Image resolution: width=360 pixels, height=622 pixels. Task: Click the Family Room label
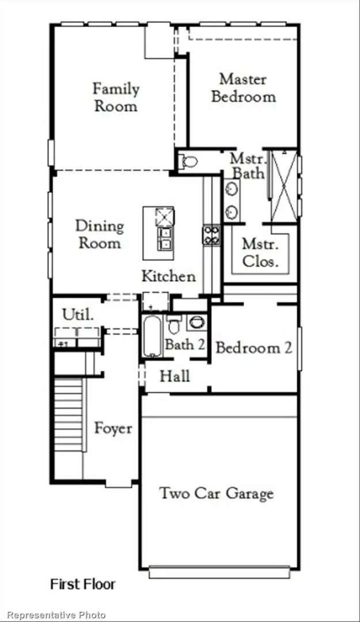(x=116, y=97)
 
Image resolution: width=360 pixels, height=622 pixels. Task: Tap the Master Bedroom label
(x=243, y=88)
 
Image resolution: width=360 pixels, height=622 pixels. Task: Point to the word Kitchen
(x=169, y=276)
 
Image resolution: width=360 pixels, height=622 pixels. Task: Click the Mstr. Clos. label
(x=260, y=252)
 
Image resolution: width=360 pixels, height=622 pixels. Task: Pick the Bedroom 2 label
(x=253, y=348)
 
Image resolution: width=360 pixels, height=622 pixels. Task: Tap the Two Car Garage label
(x=216, y=494)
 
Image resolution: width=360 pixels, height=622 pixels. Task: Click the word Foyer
(x=113, y=428)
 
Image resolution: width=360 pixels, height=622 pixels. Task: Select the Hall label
(x=175, y=377)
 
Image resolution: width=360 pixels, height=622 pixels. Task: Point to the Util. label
(x=78, y=314)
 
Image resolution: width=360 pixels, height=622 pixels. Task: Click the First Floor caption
(x=83, y=584)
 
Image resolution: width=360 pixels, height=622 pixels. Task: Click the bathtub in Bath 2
(x=152, y=336)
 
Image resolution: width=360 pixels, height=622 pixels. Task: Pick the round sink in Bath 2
(x=196, y=323)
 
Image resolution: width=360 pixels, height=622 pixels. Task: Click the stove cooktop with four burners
(x=211, y=235)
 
